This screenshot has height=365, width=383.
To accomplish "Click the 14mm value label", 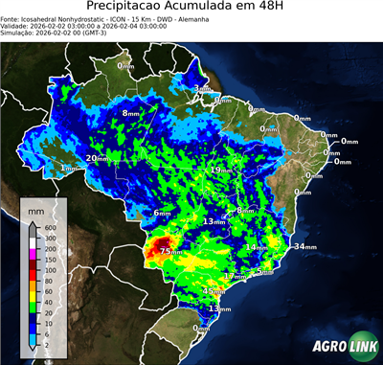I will [x=256, y=248].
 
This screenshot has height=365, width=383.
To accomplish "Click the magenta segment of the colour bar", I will [x=34, y=254].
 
